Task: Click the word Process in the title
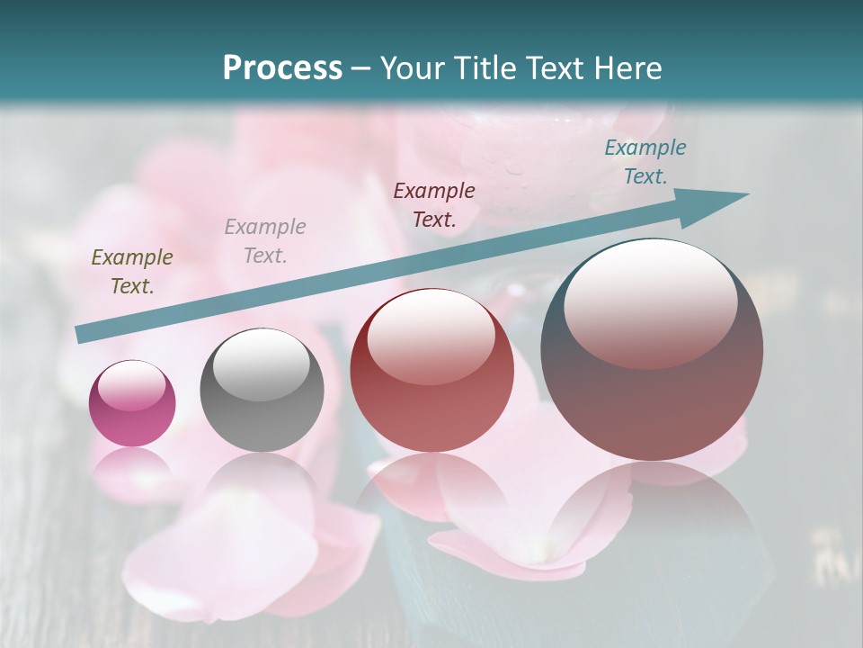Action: pyautogui.click(x=282, y=68)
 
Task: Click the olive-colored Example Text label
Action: pyautogui.click(x=132, y=272)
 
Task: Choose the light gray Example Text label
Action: pyautogui.click(x=265, y=241)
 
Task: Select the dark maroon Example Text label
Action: pyautogui.click(x=434, y=204)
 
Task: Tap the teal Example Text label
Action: pyautogui.click(x=645, y=162)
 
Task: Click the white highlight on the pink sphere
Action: pyautogui.click(x=131, y=386)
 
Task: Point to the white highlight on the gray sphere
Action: pyautogui.click(x=261, y=364)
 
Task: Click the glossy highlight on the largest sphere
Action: pyautogui.click(x=650, y=301)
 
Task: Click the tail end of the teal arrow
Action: pyautogui.click(x=81, y=335)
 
